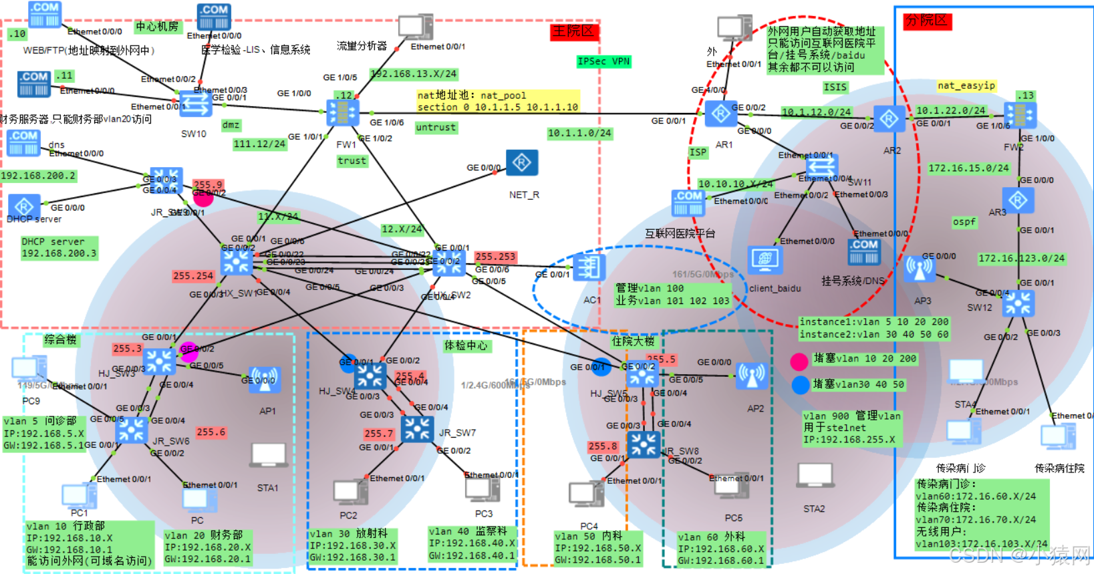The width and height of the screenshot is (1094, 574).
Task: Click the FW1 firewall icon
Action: point(343,113)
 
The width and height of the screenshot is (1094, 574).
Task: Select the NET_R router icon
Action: point(522,163)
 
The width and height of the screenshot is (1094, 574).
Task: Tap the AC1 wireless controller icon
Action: point(589,268)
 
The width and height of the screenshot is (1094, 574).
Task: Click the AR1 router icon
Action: point(720,114)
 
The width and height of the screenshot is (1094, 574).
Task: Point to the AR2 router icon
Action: point(889,120)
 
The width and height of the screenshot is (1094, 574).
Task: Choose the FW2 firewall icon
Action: point(1020,116)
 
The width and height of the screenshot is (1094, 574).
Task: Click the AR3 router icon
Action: point(1018,200)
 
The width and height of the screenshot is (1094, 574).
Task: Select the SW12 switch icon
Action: point(1018,303)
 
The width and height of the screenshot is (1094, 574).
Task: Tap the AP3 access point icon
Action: point(920,269)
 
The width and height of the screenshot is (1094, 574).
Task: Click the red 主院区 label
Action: point(573,31)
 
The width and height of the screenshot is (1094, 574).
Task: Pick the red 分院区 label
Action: point(926,21)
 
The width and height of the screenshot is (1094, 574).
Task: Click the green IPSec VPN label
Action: point(603,61)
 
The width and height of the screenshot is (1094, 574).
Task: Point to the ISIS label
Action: point(835,87)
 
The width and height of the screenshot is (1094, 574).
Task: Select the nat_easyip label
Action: point(966,86)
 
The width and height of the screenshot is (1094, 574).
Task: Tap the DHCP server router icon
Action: point(25,206)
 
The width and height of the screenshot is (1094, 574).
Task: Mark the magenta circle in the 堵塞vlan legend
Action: point(799,362)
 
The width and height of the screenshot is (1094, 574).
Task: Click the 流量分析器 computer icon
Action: point(415,27)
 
